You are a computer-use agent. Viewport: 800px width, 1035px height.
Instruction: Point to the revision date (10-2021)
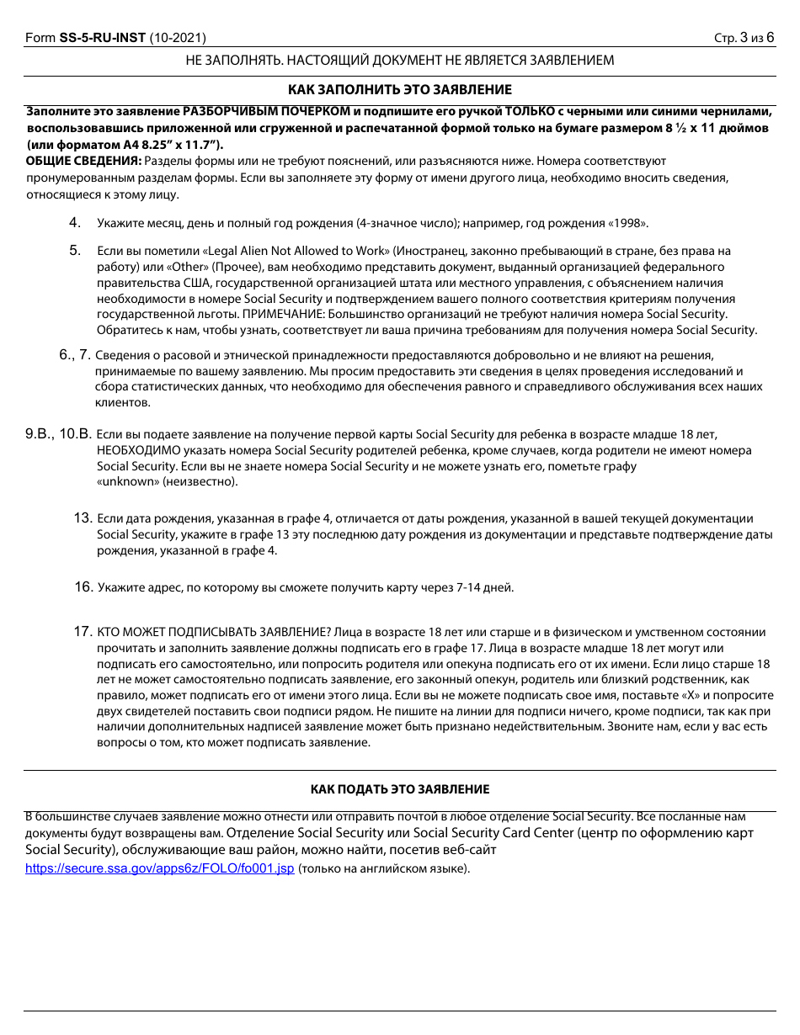(178, 38)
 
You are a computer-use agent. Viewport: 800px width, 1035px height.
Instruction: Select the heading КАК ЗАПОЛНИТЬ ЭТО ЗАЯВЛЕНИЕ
(400, 90)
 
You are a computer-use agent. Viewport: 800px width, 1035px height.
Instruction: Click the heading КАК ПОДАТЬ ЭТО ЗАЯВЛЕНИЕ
(400, 789)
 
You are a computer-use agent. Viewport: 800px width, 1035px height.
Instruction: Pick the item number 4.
(75, 223)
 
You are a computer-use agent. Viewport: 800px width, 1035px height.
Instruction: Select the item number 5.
(75, 251)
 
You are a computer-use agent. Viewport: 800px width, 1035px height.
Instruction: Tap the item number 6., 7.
(75, 355)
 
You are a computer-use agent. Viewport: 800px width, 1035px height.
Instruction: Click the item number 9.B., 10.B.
(57, 435)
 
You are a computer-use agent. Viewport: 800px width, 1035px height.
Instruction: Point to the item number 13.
(83, 518)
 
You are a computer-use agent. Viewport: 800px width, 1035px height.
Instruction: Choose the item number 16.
(83, 587)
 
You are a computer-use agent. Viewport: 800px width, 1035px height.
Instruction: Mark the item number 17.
(83, 631)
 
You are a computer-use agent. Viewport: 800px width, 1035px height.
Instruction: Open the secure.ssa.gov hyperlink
(160, 868)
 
